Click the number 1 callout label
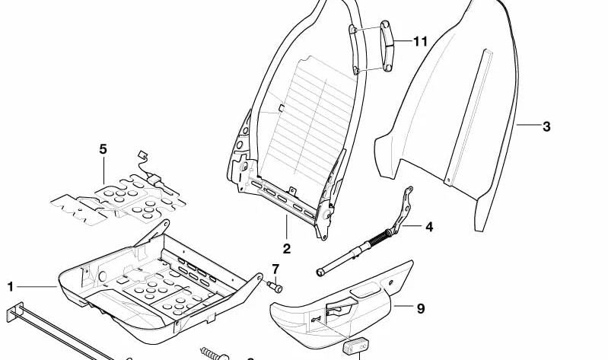tap(11, 287)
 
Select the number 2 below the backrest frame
tap(286, 249)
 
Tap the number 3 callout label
tap(546, 127)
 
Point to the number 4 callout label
tap(428, 227)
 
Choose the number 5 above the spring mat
tap(103, 149)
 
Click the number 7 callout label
tap(275, 269)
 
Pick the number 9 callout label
tap(419, 308)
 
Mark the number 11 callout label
tap(421, 41)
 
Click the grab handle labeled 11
tap(385, 48)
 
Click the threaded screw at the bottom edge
tap(216, 353)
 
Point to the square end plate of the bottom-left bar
tap(18, 316)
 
